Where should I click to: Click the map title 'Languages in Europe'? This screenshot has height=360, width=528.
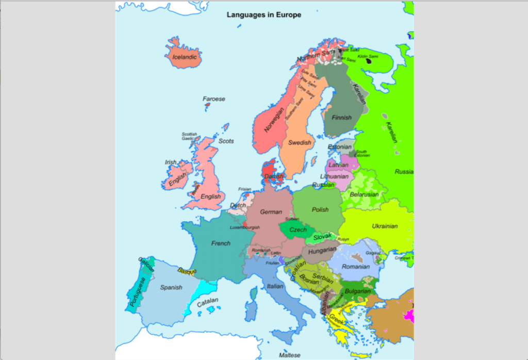pyautogui.click(x=264, y=15)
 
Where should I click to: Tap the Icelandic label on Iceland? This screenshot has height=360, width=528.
pyautogui.click(x=185, y=57)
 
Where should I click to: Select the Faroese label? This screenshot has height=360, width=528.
pyautogui.click(x=213, y=99)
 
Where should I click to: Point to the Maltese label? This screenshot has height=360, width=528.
pyautogui.click(x=289, y=355)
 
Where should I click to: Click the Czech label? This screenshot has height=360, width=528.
pyautogui.click(x=298, y=230)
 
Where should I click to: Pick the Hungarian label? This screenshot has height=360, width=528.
pyautogui.click(x=322, y=250)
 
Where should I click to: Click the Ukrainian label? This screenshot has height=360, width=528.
pyautogui.click(x=385, y=226)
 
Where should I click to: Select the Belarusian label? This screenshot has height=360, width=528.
pyautogui.click(x=364, y=194)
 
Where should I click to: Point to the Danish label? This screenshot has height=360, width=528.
pyautogui.click(x=274, y=176)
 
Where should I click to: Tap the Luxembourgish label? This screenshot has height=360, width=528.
pyautogui.click(x=244, y=227)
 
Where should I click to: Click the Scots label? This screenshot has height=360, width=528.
pyautogui.click(x=226, y=141)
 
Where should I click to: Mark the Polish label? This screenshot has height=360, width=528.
pyautogui.click(x=320, y=209)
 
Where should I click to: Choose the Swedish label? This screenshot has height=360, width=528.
pyautogui.click(x=300, y=142)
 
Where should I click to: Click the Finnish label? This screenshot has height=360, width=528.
pyautogui.click(x=341, y=118)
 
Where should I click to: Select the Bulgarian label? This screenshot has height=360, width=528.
pyautogui.click(x=357, y=291)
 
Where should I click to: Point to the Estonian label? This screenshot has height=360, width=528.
pyautogui.click(x=340, y=147)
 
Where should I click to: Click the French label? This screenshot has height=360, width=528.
pyautogui.click(x=221, y=243)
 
